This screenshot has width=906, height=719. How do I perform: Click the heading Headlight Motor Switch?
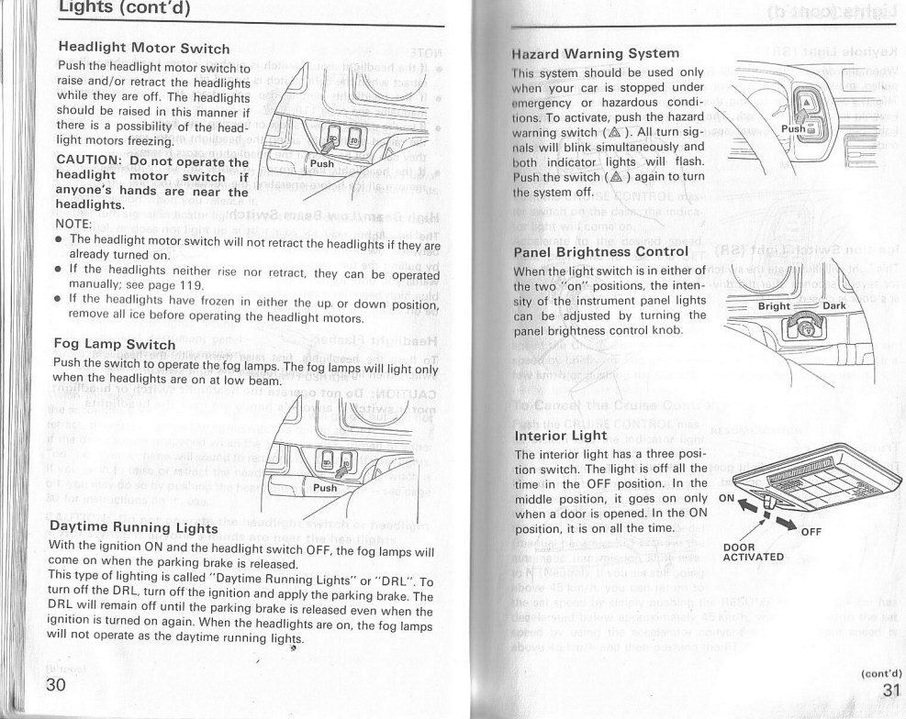143,48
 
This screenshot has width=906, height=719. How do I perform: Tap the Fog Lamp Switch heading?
115,344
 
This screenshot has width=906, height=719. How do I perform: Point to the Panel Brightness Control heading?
600,251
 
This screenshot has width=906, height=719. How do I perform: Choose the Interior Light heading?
561,435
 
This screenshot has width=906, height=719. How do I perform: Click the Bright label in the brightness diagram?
775,306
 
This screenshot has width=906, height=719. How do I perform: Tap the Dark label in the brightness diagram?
834,306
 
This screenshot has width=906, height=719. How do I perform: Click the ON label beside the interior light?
726,499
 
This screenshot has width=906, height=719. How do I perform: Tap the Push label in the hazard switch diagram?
791,130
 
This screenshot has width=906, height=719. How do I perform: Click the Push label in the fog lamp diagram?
326,488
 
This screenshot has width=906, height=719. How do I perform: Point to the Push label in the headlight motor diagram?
322,164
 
